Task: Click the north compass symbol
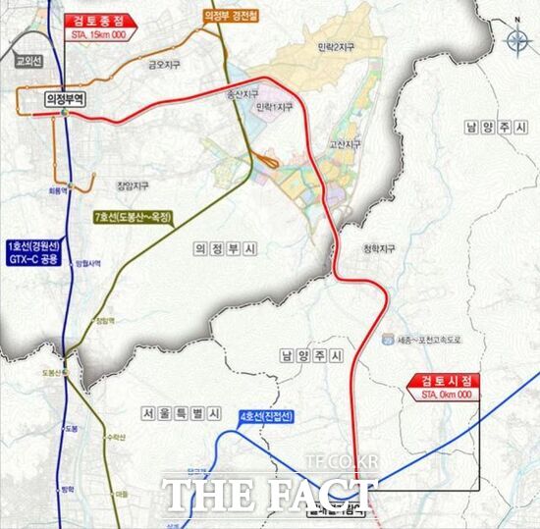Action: click(x=517, y=42)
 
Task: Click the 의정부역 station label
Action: click(x=66, y=98)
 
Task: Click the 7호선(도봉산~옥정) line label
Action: click(x=134, y=219)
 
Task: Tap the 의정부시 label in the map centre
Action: click(x=222, y=251)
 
